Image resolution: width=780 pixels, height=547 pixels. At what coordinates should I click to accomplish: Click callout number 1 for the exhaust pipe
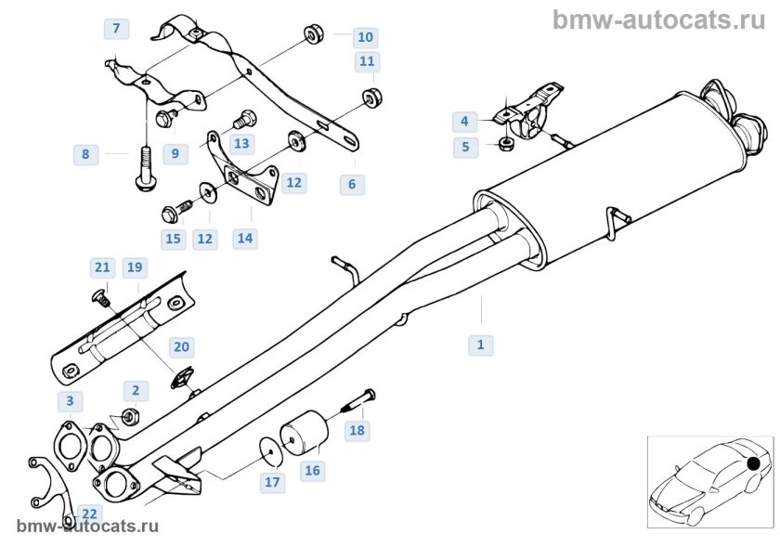click(480, 345)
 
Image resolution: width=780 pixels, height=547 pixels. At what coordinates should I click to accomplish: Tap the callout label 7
click(116, 29)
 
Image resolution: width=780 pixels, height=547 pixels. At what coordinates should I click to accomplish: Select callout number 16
click(312, 471)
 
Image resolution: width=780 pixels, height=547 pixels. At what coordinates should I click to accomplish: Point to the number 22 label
click(89, 514)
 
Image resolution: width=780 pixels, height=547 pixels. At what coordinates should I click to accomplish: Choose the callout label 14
click(244, 238)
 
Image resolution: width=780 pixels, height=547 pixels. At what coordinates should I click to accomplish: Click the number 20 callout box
click(182, 346)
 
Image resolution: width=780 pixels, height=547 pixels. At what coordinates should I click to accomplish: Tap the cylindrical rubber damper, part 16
click(303, 433)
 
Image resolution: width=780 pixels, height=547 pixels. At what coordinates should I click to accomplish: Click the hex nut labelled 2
click(131, 416)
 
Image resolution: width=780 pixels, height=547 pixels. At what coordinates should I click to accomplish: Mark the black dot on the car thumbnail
click(753, 462)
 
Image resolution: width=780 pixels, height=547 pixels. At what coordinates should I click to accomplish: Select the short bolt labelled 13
click(246, 120)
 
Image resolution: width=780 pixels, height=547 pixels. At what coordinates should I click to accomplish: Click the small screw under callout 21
click(102, 298)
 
